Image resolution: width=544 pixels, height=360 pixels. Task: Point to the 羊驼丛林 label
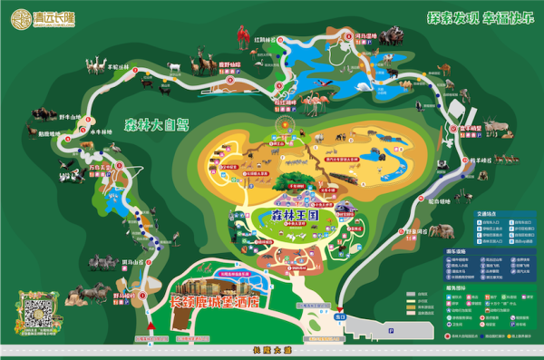click(x=121, y=65)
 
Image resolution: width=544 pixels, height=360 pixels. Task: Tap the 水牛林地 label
click(x=101, y=131)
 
